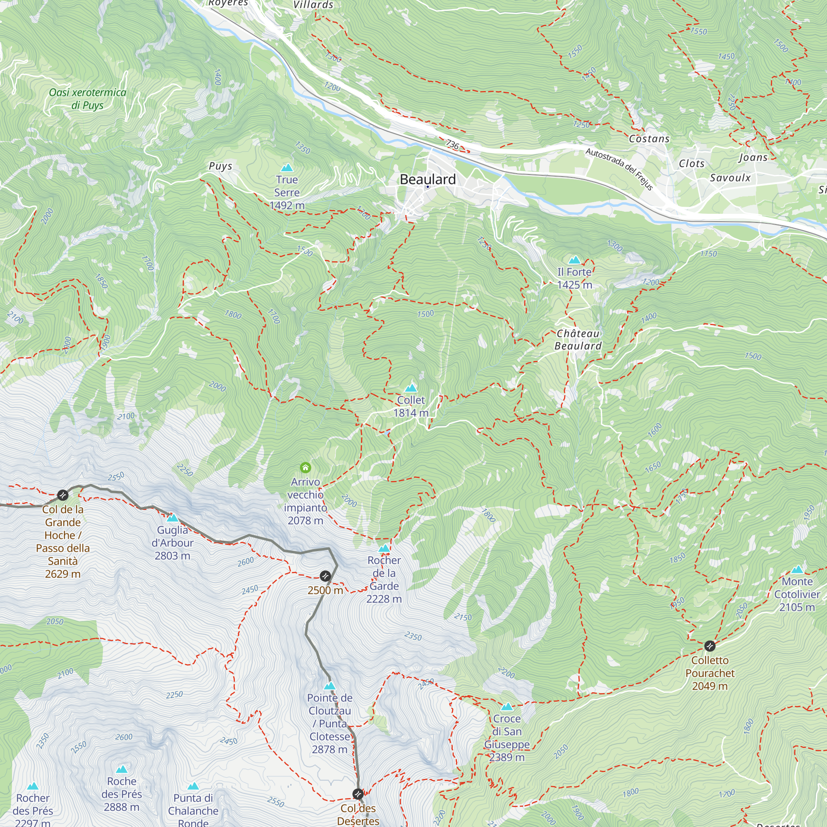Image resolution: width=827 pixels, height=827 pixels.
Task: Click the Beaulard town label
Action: [x=428, y=179]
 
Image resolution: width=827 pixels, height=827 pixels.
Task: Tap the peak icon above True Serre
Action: [x=287, y=168]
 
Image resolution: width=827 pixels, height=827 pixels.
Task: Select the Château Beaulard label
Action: [x=578, y=339]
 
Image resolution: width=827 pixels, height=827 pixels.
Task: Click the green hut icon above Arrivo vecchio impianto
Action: [x=305, y=467]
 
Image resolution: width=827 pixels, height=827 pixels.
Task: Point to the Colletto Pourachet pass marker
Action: [x=709, y=645]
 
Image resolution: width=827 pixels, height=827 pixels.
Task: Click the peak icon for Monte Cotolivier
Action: [x=797, y=570]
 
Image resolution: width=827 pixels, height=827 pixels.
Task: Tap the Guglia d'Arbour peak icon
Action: [x=172, y=518]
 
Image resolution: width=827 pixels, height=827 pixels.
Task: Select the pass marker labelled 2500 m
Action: [x=325, y=576]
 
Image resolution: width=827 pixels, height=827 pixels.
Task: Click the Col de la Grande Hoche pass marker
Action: [x=63, y=495]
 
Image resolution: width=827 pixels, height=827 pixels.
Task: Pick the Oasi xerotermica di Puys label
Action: [x=87, y=99]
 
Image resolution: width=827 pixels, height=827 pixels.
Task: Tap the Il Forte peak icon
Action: [x=574, y=260]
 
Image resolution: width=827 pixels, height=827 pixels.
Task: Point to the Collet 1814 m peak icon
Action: [x=411, y=388]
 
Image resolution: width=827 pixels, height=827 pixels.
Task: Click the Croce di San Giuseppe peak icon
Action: [x=507, y=707]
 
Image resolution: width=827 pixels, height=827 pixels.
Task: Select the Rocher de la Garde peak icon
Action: [x=384, y=549]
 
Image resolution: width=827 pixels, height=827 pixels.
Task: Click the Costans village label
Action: [x=649, y=139]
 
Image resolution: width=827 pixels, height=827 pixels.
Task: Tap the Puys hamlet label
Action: [x=220, y=166]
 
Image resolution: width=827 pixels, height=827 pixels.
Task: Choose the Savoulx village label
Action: [x=730, y=178]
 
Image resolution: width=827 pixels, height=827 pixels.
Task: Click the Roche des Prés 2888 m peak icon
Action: [x=122, y=769]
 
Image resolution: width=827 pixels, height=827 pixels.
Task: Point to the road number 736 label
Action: [x=452, y=144]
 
